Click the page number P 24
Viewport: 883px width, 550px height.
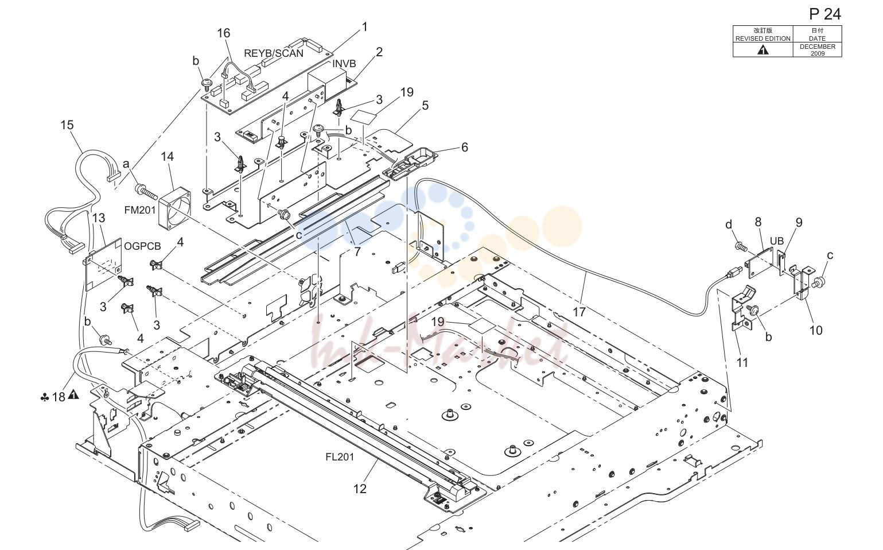[824, 14]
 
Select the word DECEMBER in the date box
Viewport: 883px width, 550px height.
[818, 47]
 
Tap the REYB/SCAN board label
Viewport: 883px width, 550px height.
[274, 53]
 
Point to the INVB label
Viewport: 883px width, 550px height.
[344, 64]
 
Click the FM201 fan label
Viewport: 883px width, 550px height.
[140, 210]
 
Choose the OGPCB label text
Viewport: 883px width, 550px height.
[142, 246]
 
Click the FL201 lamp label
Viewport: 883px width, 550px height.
[340, 457]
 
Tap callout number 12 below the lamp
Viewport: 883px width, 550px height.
[360, 489]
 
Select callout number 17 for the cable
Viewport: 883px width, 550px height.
[579, 312]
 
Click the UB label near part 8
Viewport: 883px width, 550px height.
[776, 241]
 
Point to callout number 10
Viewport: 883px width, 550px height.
[816, 331]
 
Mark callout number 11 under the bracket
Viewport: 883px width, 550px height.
[742, 363]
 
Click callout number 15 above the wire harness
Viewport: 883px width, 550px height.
[67, 125]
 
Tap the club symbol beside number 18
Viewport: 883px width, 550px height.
[45, 398]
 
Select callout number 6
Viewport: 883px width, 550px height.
[465, 147]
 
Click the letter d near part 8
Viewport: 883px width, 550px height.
[729, 224]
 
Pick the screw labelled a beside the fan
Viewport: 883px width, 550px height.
[146, 191]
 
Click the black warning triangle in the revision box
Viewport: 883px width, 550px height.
[763, 50]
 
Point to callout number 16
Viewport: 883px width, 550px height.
[224, 33]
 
